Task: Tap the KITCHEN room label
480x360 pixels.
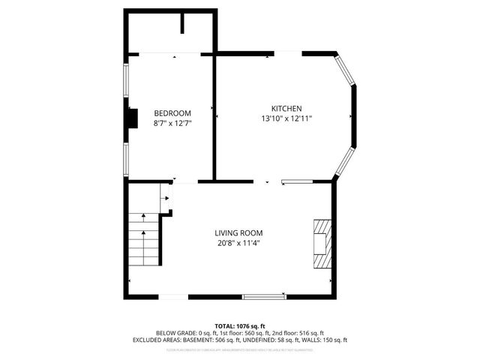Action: pos(286,107)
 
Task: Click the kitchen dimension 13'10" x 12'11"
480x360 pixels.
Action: pos(286,118)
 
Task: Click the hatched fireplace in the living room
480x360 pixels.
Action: pos(321,244)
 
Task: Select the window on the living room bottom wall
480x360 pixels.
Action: pos(264,296)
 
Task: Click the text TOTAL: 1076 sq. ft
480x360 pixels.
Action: pos(239,326)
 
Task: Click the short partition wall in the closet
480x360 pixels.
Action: pos(182,22)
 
